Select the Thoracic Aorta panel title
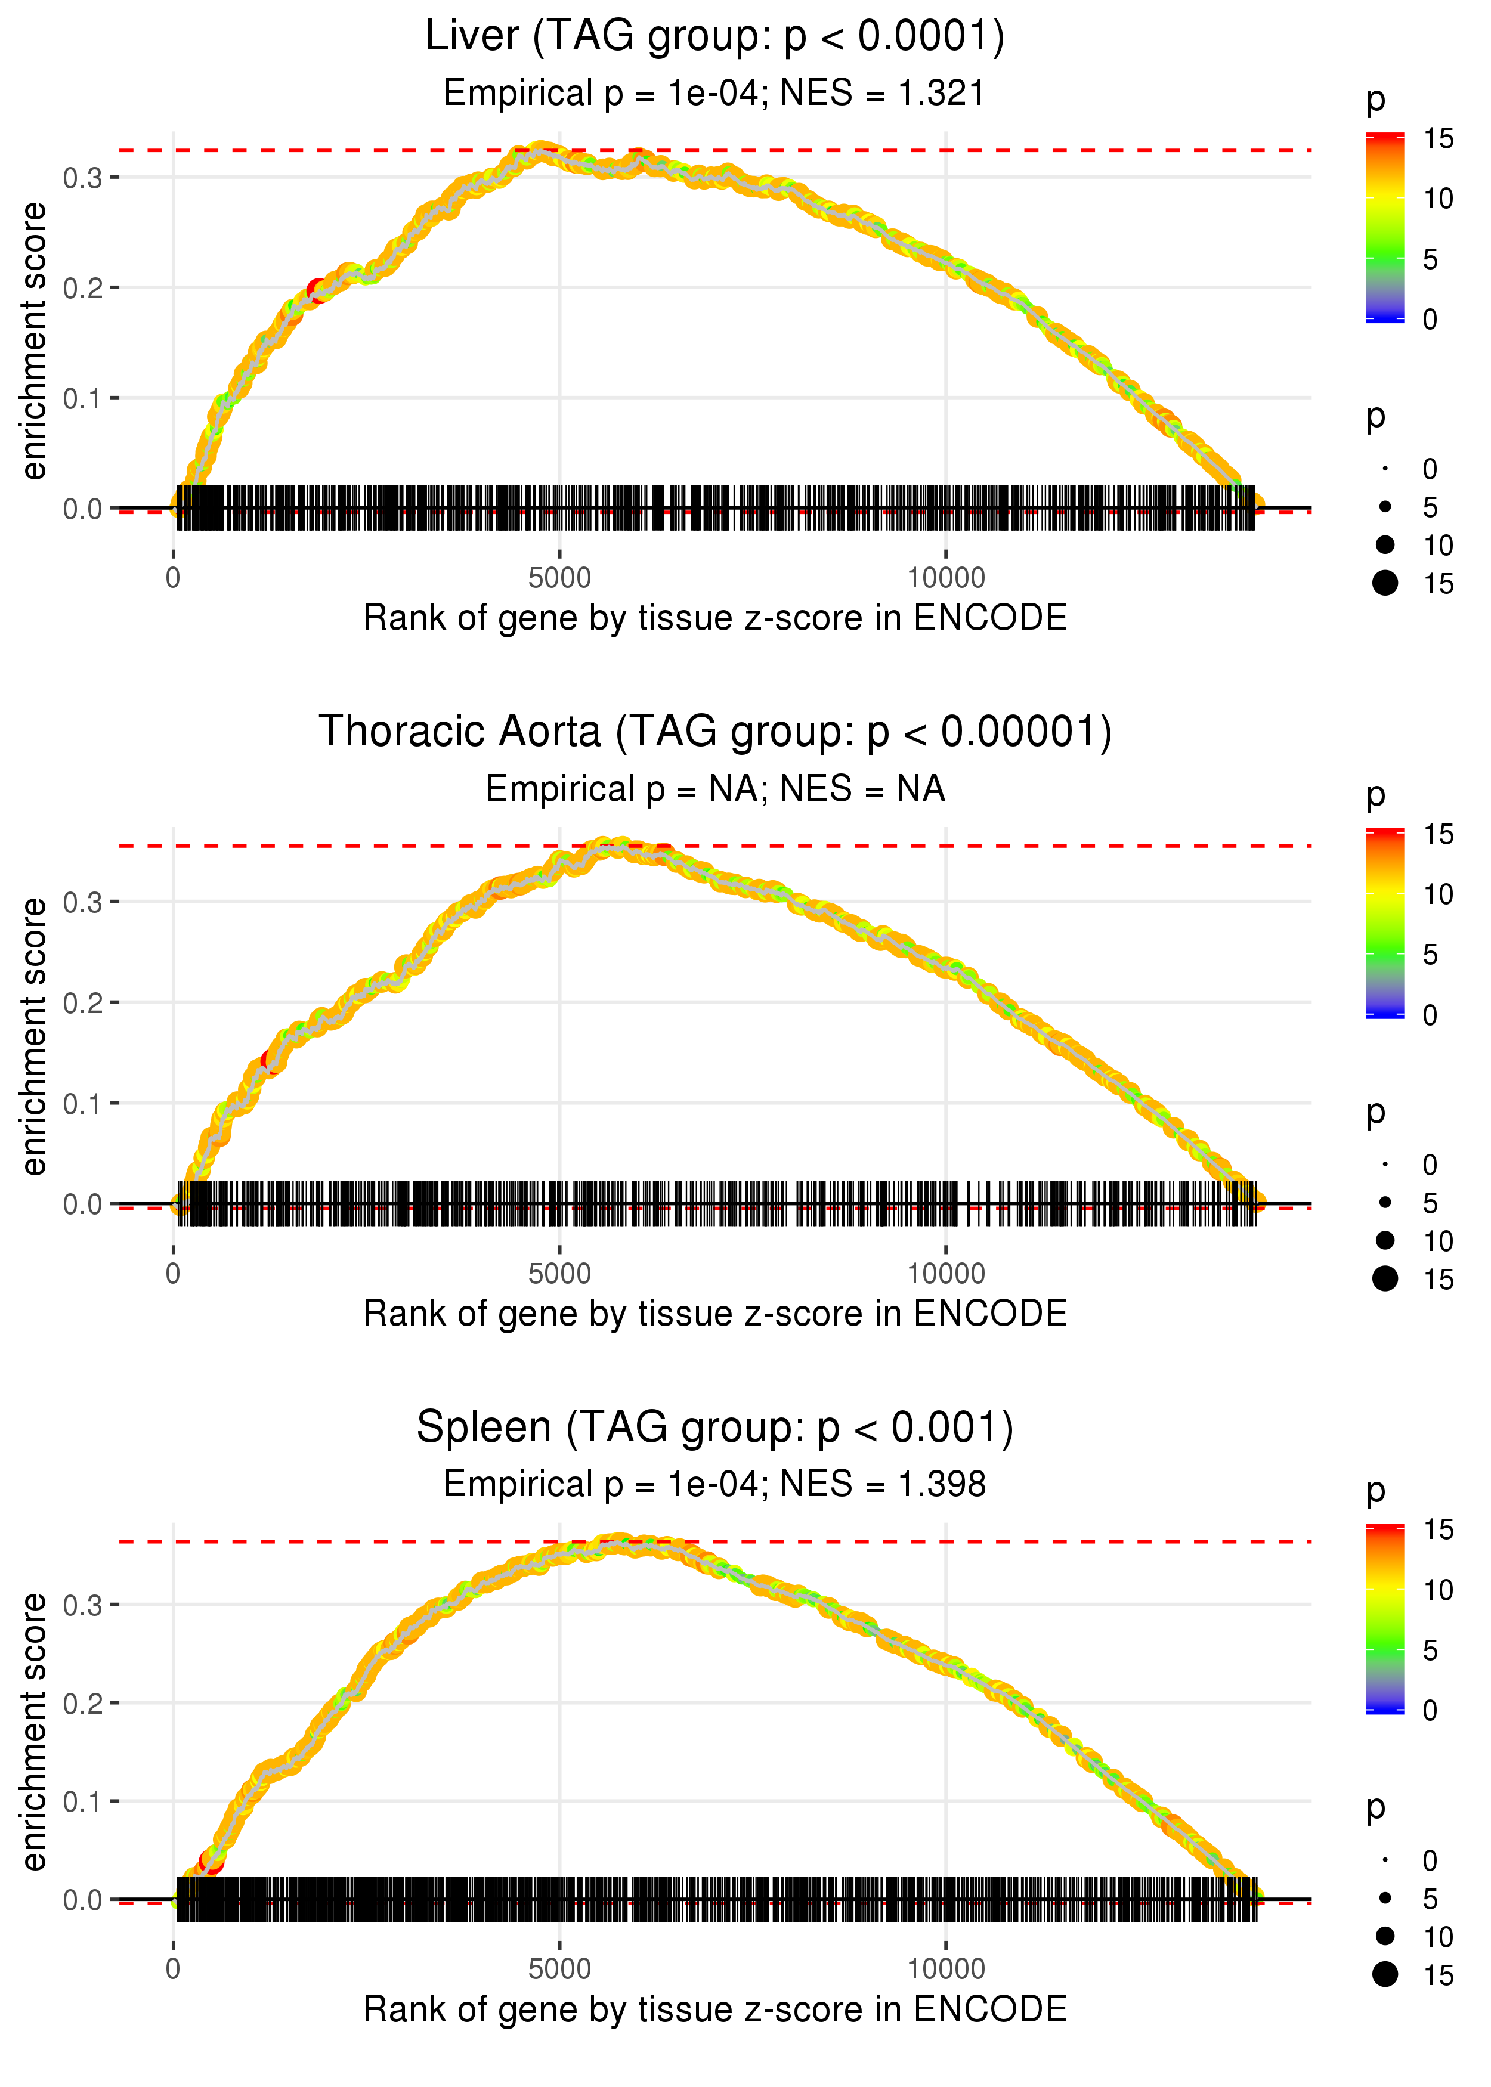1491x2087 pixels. tap(714, 732)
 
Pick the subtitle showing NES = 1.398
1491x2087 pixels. tap(714, 1484)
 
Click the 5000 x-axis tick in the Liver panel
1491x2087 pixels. tap(559, 578)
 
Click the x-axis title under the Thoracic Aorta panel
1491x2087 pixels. tap(714, 1314)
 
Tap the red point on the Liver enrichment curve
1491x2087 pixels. tap(318, 291)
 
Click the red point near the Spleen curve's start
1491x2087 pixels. tap(211, 1862)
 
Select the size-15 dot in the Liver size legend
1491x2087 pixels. tap(1385, 583)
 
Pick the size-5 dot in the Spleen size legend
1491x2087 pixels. tap(1385, 1898)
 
